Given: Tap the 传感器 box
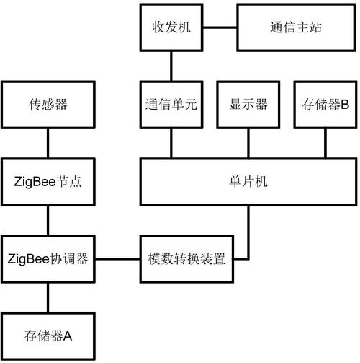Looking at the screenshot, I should click(x=48, y=104).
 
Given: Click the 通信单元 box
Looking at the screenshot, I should click(x=171, y=104).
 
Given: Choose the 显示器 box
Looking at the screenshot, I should click(x=249, y=104).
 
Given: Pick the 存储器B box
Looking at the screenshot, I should click(x=323, y=104).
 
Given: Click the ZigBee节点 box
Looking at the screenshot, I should click(x=48, y=182).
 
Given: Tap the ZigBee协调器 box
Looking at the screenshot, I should click(x=48, y=258).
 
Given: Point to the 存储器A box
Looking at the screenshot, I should click(x=48, y=335).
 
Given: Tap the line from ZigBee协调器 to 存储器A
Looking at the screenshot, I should click(x=48, y=297).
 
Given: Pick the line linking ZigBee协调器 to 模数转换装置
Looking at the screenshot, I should click(x=117, y=258).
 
